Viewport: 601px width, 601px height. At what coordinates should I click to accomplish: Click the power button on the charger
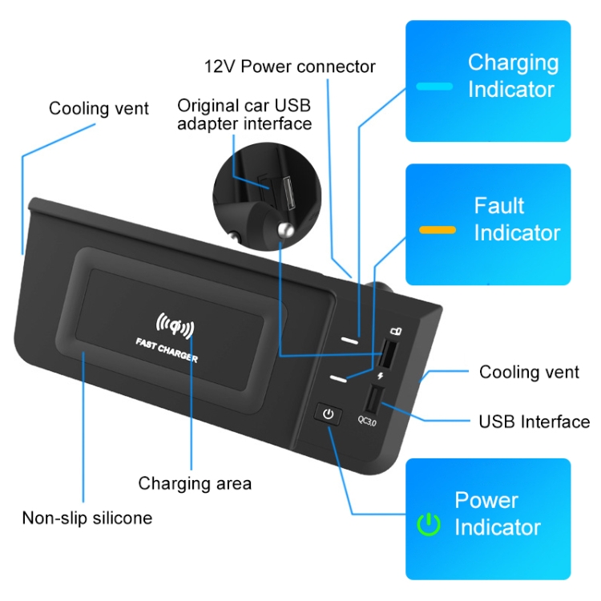pos(328,414)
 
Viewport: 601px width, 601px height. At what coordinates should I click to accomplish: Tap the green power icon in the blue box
pos(428,524)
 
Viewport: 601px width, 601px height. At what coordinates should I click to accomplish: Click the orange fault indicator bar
pos(438,230)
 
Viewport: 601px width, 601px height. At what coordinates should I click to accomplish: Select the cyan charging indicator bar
pos(434,87)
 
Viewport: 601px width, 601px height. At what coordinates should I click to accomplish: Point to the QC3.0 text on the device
pos(367,421)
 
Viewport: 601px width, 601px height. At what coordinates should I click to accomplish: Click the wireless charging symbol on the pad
pos(175,325)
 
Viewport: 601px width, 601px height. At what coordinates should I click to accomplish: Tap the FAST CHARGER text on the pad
pos(167,350)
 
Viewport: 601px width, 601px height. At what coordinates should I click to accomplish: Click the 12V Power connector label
pos(290,67)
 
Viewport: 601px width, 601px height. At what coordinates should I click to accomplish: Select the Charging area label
pos(195,483)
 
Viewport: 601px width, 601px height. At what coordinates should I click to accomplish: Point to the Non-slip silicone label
pos(87,518)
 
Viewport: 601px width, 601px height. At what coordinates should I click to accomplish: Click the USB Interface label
pos(534,422)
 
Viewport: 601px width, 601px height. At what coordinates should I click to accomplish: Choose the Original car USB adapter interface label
pos(244,115)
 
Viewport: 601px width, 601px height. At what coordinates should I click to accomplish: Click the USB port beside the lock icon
pos(388,353)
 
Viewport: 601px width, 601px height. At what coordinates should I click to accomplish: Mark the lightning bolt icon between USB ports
pos(380,375)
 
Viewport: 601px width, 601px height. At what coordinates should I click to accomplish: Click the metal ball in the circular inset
pos(285,230)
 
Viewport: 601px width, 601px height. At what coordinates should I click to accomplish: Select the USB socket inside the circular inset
pos(289,193)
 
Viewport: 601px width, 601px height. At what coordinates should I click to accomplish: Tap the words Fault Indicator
pos(517,219)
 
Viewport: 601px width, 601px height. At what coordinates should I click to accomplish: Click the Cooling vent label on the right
pos(529,372)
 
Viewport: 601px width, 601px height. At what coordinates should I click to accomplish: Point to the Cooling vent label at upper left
pos(99,108)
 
